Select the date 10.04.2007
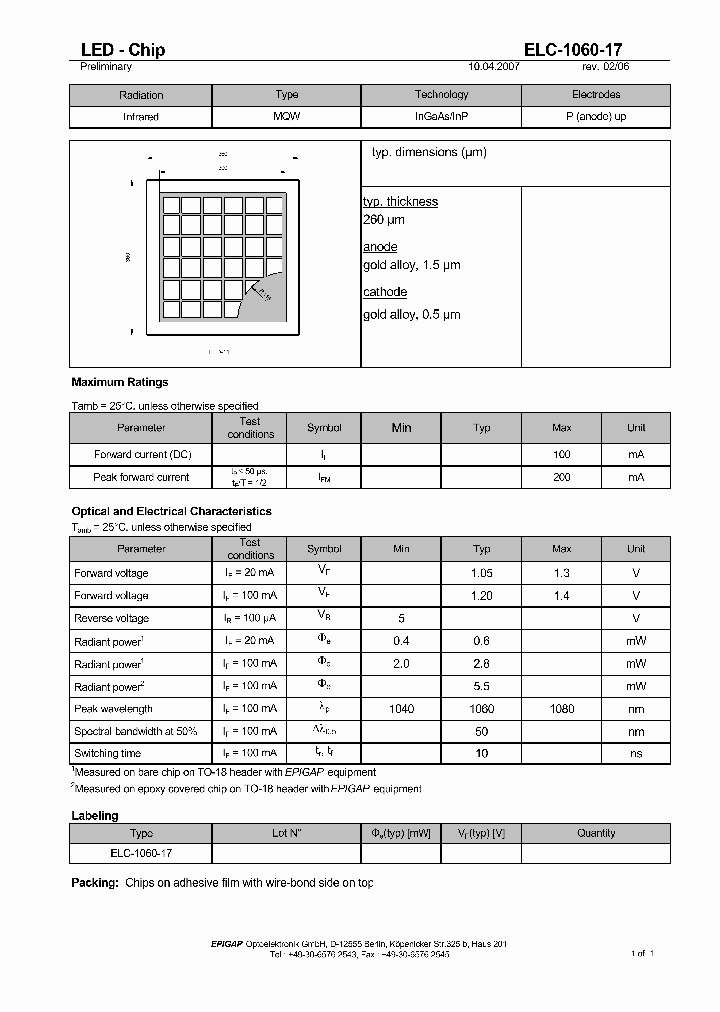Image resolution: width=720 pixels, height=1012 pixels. point(495,67)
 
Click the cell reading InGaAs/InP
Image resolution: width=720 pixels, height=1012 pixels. point(441,116)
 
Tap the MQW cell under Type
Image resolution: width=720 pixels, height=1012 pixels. point(286,116)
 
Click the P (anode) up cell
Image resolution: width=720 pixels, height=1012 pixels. point(596,116)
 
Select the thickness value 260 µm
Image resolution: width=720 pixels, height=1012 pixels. point(384,219)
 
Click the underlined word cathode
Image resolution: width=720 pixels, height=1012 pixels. point(384,292)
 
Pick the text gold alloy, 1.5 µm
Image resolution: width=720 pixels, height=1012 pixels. point(411,265)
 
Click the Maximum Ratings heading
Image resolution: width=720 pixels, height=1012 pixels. point(120,382)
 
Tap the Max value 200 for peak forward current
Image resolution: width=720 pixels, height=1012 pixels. point(561,477)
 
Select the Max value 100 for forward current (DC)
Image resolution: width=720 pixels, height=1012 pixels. point(561,454)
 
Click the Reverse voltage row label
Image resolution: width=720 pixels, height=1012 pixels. point(111,618)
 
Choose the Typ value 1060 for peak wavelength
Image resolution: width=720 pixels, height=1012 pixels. point(481,708)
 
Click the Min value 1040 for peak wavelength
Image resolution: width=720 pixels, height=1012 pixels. point(401,708)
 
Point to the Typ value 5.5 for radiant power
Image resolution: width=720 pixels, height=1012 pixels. point(481,686)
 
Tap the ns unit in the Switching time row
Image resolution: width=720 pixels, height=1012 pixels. point(636,753)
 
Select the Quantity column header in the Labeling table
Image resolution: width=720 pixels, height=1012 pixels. point(596,833)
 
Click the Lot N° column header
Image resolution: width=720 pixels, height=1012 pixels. point(286,833)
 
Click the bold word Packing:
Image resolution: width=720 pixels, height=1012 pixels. point(95,883)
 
